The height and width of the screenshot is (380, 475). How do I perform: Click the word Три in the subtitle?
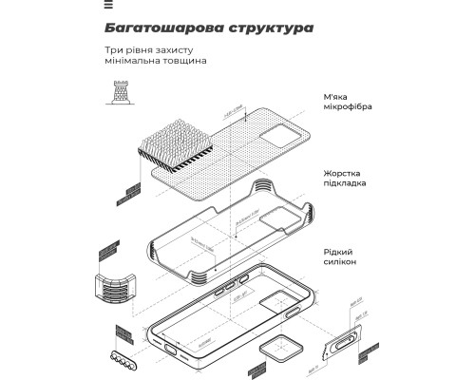click(x=115, y=49)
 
